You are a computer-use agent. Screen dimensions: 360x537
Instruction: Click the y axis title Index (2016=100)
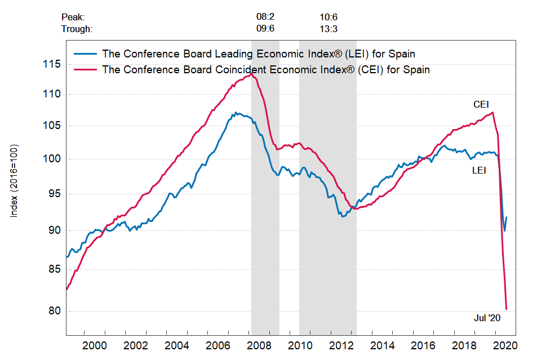[15, 181]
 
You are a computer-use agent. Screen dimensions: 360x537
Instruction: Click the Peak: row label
[73, 18]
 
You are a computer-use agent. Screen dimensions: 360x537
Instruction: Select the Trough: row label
[77, 29]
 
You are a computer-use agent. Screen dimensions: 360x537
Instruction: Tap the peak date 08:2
[265, 18]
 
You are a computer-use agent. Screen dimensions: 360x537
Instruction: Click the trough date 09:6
[265, 29]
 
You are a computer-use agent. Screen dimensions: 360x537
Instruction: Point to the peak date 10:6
[329, 18]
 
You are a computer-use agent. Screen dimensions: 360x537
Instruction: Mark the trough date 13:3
[329, 29]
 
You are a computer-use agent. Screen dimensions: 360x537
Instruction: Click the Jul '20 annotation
[487, 318]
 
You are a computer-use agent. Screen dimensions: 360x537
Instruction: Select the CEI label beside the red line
[481, 104]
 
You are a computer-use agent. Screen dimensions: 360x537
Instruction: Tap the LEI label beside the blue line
[479, 169]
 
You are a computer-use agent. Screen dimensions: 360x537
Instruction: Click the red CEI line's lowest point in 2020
[507, 309]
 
